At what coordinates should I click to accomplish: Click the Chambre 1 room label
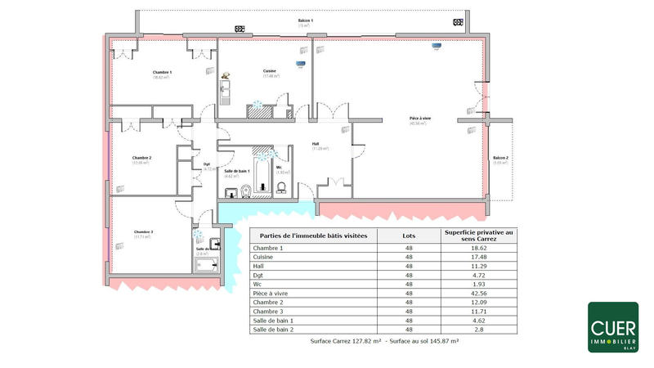(x=162, y=73)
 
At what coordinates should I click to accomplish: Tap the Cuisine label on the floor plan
(x=270, y=71)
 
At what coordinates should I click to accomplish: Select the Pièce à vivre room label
(x=420, y=119)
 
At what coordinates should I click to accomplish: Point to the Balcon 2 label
(x=500, y=157)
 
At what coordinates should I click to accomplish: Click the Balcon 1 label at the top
(x=305, y=20)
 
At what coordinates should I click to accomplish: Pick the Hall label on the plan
(x=316, y=144)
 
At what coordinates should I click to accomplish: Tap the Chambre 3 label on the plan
(x=141, y=232)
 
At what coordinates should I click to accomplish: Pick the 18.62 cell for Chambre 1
(x=479, y=248)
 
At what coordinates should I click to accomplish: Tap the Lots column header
(x=409, y=235)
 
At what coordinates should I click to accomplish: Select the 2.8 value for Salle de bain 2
(x=479, y=329)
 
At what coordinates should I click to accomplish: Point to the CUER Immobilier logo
(x=613, y=327)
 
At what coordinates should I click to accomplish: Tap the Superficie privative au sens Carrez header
(x=479, y=235)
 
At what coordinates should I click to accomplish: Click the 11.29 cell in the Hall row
(x=479, y=266)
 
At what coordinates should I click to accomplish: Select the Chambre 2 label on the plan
(x=142, y=157)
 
